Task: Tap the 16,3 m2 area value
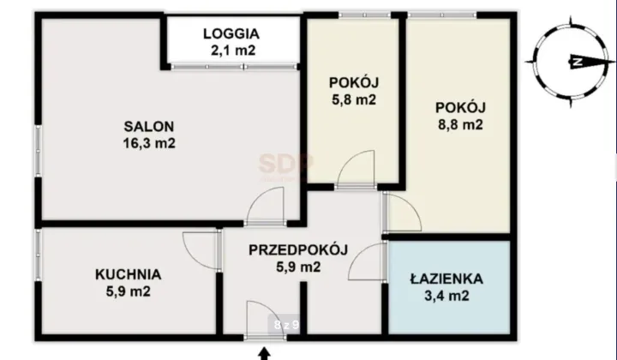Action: pos(149,144)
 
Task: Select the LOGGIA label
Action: pos(231,34)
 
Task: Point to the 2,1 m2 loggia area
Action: pos(231,51)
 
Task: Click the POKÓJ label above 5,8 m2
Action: pos(353,83)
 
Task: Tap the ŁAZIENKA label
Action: pos(446,279)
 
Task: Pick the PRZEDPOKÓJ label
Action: pos(297,250)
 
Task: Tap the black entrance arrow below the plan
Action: pos(264,351)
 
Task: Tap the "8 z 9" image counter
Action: pos(286,325)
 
